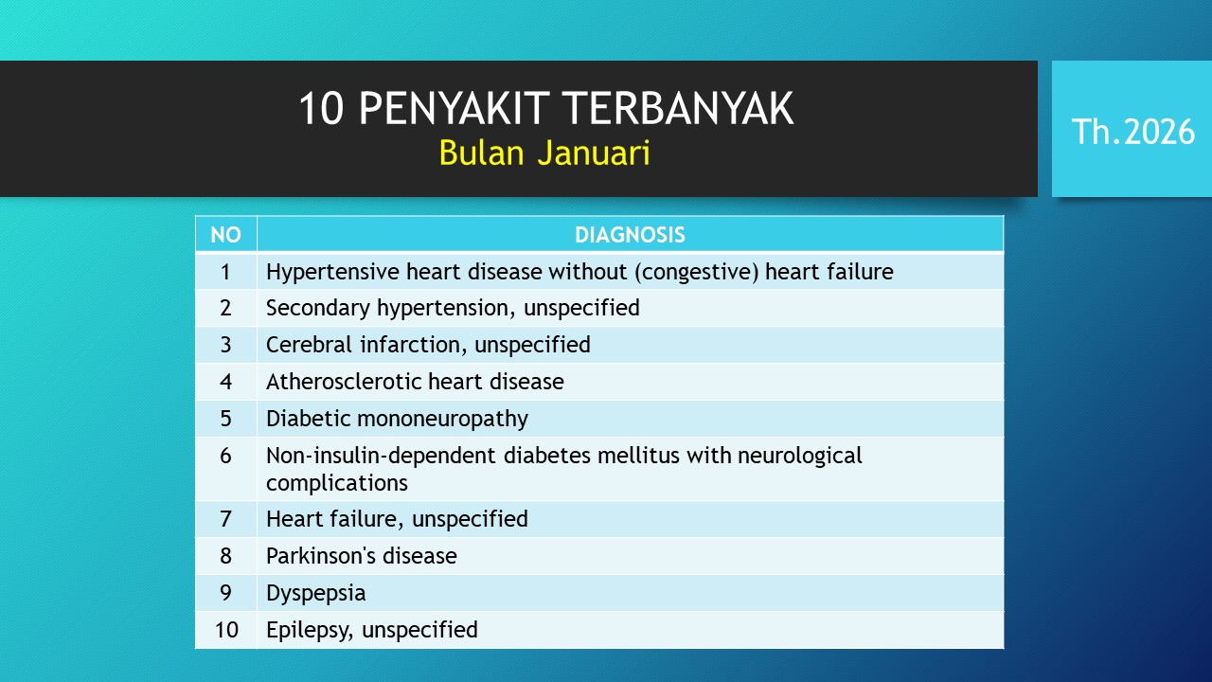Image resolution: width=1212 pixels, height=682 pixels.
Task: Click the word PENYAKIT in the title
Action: tap(454, 108)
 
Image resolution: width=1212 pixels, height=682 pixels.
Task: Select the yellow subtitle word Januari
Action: tap(594, 153)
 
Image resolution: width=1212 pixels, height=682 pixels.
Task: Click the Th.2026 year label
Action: tap(1133, 132)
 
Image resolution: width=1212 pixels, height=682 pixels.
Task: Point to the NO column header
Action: tap(225, 235)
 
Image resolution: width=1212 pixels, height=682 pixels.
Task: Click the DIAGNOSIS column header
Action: tap(630, 235)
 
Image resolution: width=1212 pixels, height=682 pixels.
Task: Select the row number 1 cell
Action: tap(225, 272)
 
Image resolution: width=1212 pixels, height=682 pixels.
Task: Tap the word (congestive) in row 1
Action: tap(697, 272)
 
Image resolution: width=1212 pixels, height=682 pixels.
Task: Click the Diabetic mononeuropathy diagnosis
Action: tap(397, 419)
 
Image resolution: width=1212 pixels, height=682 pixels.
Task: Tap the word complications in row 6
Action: tap(336, 483)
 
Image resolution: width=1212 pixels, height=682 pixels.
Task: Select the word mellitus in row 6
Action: tap(638, 456)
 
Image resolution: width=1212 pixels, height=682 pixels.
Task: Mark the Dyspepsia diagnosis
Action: tap(316, 593)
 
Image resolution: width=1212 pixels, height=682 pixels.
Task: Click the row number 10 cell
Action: tap(226, 630)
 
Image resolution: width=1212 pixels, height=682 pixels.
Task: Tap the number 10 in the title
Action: tap(321, 108)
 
